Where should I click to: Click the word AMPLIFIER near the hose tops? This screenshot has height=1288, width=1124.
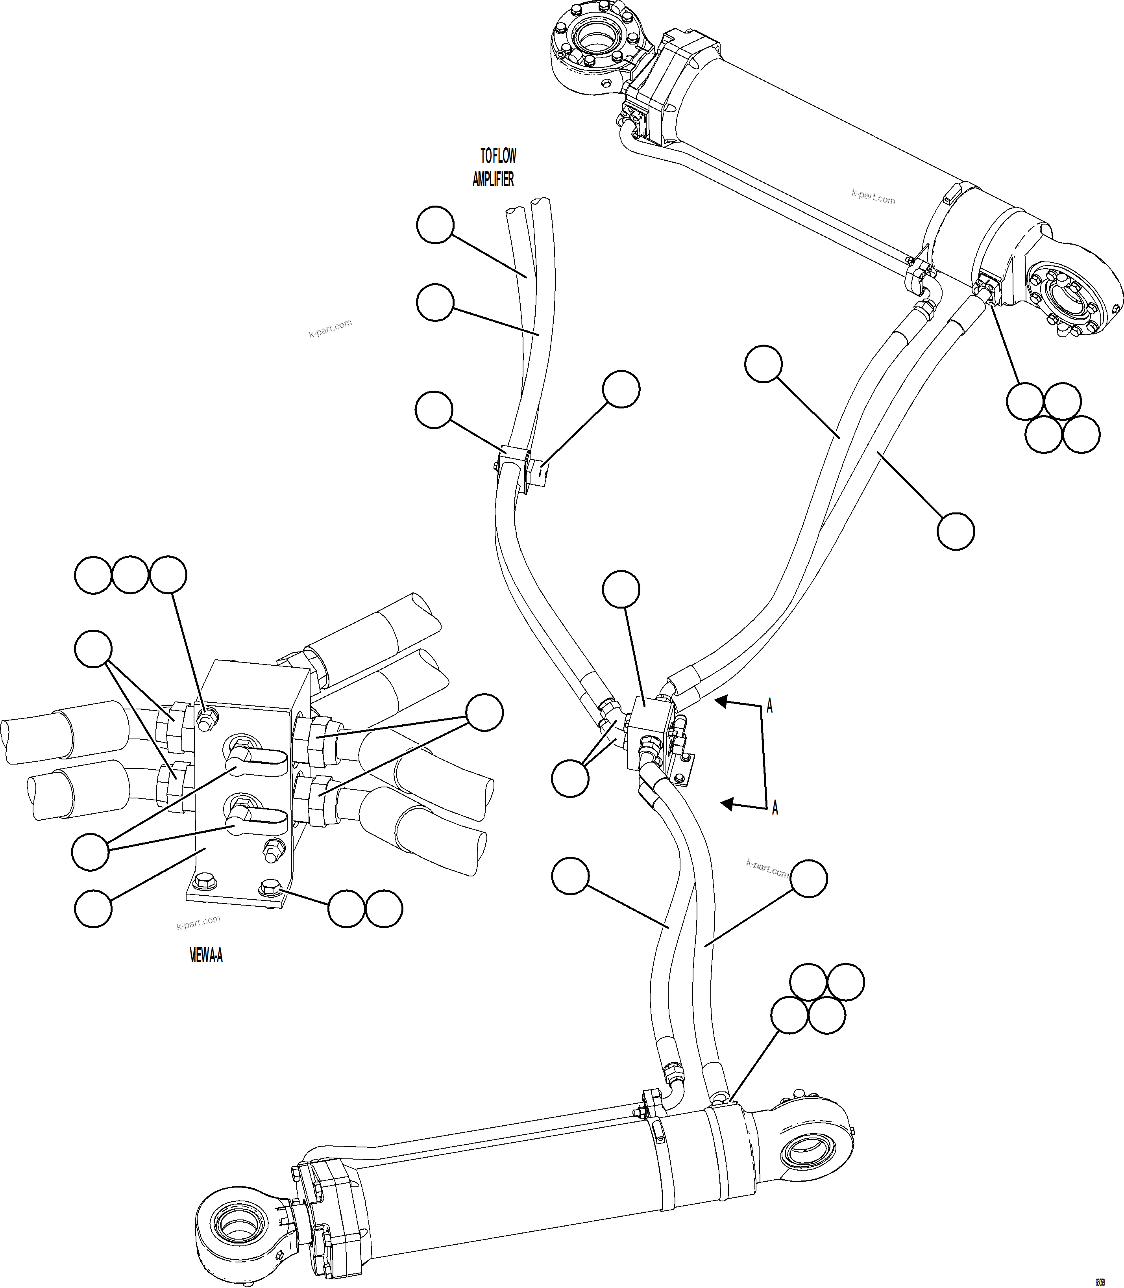(493, 180)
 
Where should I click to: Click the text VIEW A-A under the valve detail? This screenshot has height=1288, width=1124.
(206, 956)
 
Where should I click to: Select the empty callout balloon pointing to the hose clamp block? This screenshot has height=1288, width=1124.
(621, 389)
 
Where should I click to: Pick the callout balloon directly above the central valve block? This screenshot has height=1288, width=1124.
(621, 589)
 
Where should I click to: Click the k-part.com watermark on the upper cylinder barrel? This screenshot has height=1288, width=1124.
(873, 198)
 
